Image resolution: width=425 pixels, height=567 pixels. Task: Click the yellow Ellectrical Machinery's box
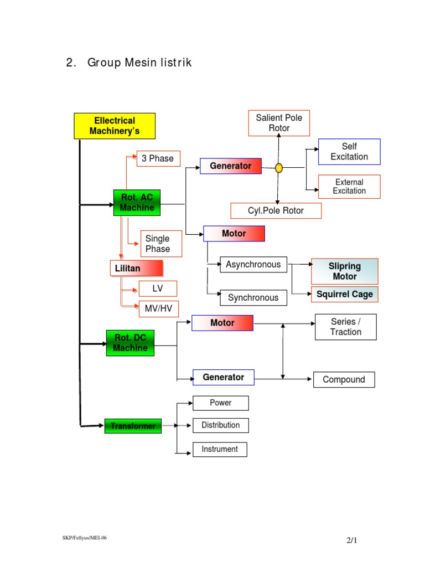click(115, 126)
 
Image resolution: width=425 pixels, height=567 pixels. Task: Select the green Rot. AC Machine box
click(137, 202)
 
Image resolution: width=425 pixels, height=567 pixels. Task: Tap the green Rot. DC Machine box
click(130, 343)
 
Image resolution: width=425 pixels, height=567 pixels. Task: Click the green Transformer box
click(133, 426)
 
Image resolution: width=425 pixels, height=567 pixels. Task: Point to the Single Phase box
click(161, 244)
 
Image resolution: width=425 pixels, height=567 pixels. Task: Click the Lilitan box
click(136, 269)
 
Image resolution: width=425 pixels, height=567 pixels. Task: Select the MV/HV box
click(158, 308)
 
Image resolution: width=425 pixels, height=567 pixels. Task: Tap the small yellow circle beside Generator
click(279, 167)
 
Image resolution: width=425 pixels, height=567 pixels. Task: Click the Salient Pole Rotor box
click(279, 123)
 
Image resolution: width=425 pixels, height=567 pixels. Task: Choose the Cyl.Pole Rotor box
click(276, 210)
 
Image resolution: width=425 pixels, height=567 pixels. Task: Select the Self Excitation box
click(349, 152)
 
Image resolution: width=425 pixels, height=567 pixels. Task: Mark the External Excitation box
click(349, 187)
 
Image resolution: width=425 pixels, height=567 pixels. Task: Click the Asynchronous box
click(253, 265)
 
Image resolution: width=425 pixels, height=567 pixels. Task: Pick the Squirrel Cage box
click(344, 294)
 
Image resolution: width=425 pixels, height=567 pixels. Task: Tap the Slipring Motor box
click(344, 271)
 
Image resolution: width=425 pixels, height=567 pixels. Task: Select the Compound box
click(344, 379)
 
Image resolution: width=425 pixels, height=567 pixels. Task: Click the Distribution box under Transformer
click(220, 425)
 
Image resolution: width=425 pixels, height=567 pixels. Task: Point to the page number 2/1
click(350, 540)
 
